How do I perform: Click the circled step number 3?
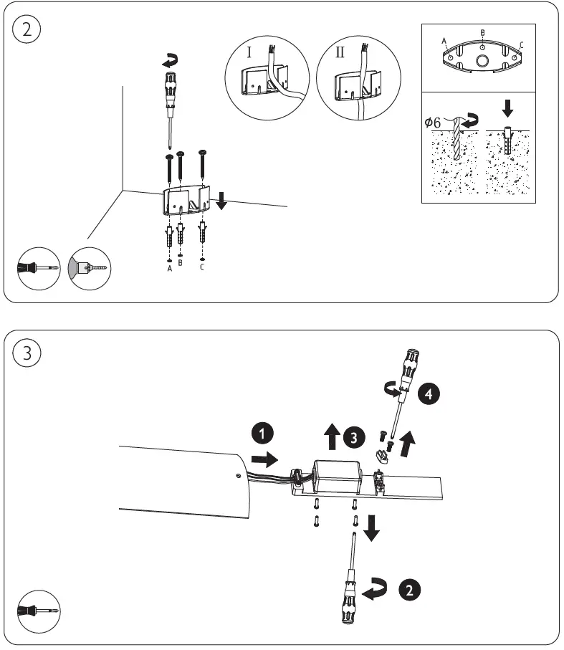(x=28, y=353)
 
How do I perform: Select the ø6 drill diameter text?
(x=435, y=122)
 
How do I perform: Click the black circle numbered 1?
(x=262, y=434)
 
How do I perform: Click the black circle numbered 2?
(x=408, y=590)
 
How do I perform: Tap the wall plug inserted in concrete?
(x=507, y=140)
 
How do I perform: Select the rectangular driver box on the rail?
(x=338, y=477)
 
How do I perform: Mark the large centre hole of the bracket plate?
(x=483, y=60)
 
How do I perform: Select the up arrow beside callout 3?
(x=332, y=436)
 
